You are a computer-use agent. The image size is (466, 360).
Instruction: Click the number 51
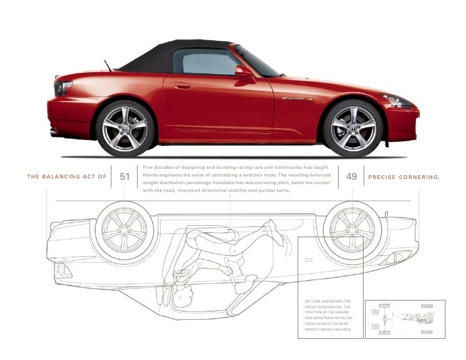pyautogui.click(x=125, y=176)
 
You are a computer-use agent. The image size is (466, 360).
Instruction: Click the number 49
pyautogui.click(x=351, y=176)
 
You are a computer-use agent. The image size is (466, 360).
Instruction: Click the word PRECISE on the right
pyautogui.click(x=382, y=177)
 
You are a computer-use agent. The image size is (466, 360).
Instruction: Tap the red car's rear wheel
pyautogui.click(x=125, y=127)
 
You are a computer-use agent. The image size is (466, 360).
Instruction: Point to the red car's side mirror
pyautogui.click(x=244, y=72)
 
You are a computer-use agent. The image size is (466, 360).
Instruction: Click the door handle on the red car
pyautogui.click(x=182, y=86)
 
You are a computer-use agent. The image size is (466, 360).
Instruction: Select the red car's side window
pyautogui.click(x=205, y=63)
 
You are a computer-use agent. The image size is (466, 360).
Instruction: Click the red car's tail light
pyautogui.click(x=63, y=88)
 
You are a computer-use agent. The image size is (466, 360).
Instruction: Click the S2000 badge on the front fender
pyautogui.click(x=296, y=99)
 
